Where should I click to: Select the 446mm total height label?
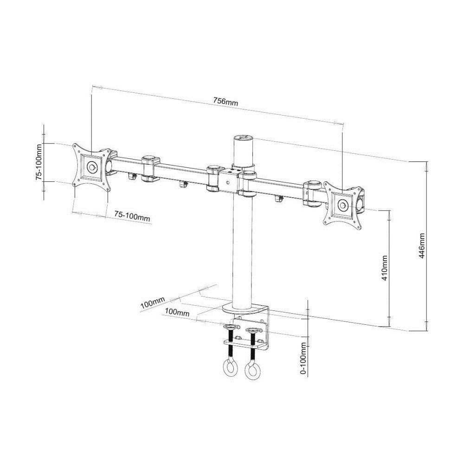pyautogui.click(x=422, y=245)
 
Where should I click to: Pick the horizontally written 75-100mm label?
pyautogui.click(x=132, y=216)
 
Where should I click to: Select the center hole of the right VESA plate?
pyautogui.click(x=344, y=204)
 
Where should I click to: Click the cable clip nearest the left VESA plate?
pyautogui.click(x=132, y=175)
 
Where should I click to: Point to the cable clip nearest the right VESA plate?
pyautogui.click(x=278, y=199)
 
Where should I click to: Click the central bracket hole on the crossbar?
pyautogui.click(x=228, y=181)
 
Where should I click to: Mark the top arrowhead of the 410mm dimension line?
pyautogui.click(x=389, y=212)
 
